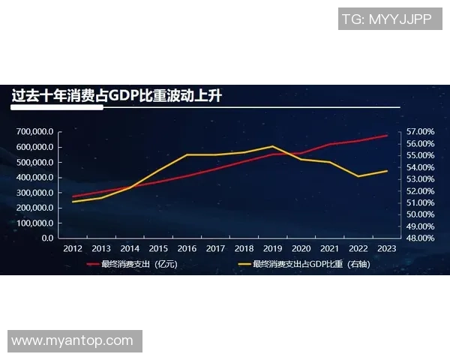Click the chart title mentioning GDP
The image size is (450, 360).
pos(116,96)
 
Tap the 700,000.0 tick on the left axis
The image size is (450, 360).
pos(34,131)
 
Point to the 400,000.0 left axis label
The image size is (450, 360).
pos(34,177)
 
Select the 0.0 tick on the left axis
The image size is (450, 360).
pos(47,238)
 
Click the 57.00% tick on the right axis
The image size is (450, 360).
pos(421,131)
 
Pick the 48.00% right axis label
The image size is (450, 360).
pos(421,238)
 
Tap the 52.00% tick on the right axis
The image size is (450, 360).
pos(421,190)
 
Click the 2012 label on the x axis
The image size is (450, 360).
pos(73,248)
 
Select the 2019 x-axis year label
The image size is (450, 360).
pos(272,248)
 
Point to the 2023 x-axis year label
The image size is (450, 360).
pos(386,248)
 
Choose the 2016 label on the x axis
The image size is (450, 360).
pos(187,248)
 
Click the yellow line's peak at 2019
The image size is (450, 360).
pos(272,146)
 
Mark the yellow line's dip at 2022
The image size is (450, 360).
pos(358,176)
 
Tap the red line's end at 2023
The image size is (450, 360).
pos(386,136)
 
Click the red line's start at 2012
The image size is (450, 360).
pos(73,196)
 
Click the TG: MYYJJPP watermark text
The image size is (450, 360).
pos(386,19)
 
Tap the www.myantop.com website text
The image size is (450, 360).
pos(73,340)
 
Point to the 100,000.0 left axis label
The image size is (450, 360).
pos(34,223)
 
